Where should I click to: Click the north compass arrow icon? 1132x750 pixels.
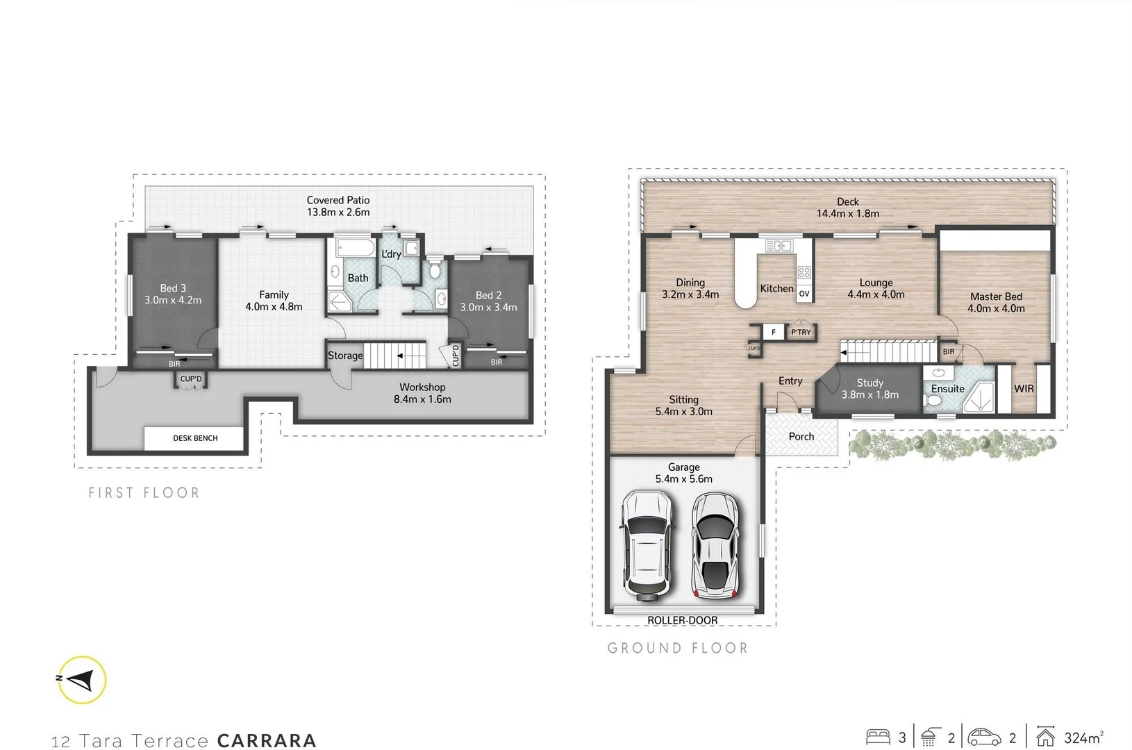click(x=81, y=680)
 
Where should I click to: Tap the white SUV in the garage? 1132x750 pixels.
click(x=647, y=545)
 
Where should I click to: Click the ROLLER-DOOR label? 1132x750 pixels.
click(x=682, y=620)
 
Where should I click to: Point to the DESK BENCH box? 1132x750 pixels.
click(x=194, y=438)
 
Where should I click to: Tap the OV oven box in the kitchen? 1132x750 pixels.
click(x=804, y=294)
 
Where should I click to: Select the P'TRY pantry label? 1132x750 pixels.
click(x=801, y=332)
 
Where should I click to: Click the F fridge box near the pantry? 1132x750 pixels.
click(x=773, y=332)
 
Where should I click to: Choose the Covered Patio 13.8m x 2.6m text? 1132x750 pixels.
click(x=338, y=206)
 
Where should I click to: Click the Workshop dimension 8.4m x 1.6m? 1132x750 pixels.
click(x=422, y=399)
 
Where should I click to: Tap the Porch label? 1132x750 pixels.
click(x=801, y=437)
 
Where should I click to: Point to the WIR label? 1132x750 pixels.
click(x=1024, y=389)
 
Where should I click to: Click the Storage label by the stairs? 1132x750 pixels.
click(x=345, y=356)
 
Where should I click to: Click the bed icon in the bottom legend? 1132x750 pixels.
click(x=879, y=737)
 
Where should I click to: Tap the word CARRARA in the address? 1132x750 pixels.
click(x=267, y=741)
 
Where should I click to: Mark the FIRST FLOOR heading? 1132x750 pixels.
click(x=144, y=493)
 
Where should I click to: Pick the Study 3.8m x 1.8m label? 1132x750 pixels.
click(x=869, y=389)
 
